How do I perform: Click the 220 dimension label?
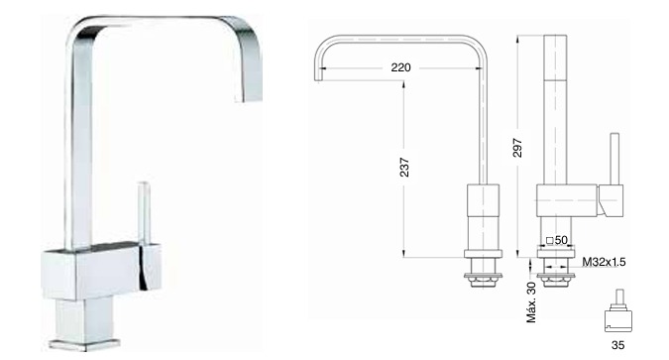400,67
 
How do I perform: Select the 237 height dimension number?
404,168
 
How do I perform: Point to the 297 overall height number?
517,148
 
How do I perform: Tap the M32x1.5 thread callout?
604,262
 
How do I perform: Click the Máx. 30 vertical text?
531,302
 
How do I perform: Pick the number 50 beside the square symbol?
561,240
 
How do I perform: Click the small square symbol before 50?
549,241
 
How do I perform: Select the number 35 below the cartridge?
617,345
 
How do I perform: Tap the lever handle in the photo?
144,213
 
